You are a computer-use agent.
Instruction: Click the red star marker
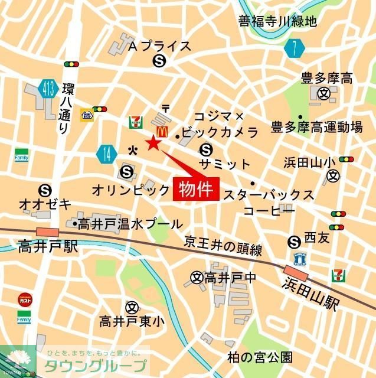coord(153,142)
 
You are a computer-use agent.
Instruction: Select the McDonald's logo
coord(159,132)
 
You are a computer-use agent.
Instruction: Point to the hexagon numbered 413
coord(50,89)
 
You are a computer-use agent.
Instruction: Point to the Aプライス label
coord(159,46)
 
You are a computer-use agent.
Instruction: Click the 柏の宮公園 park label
coord(260,357)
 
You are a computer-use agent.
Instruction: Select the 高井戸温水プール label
coord(130,224)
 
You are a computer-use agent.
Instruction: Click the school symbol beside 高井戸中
coord(197,276)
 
